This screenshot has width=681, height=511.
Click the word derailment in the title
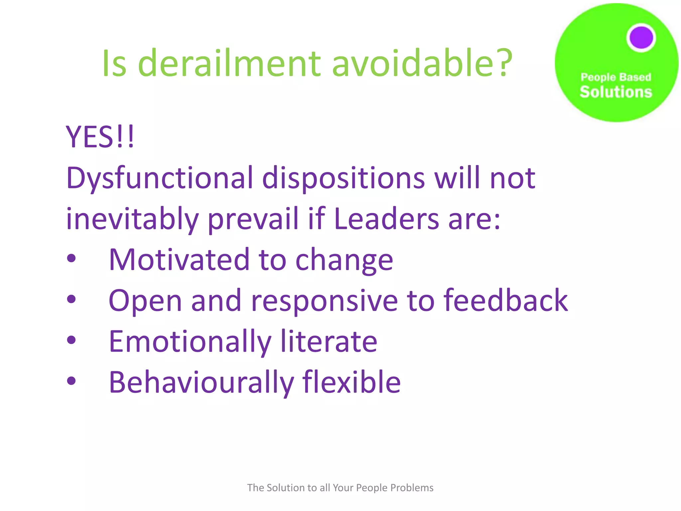229,63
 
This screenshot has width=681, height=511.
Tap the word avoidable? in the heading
422,63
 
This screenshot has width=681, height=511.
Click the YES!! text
100,137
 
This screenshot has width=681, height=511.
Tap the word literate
329,341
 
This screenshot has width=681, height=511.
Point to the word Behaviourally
201,383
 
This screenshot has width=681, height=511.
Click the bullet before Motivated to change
71,258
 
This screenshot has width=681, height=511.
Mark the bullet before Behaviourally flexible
71,381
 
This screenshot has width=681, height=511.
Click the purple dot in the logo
641,38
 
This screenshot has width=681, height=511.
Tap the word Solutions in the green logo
616,92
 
